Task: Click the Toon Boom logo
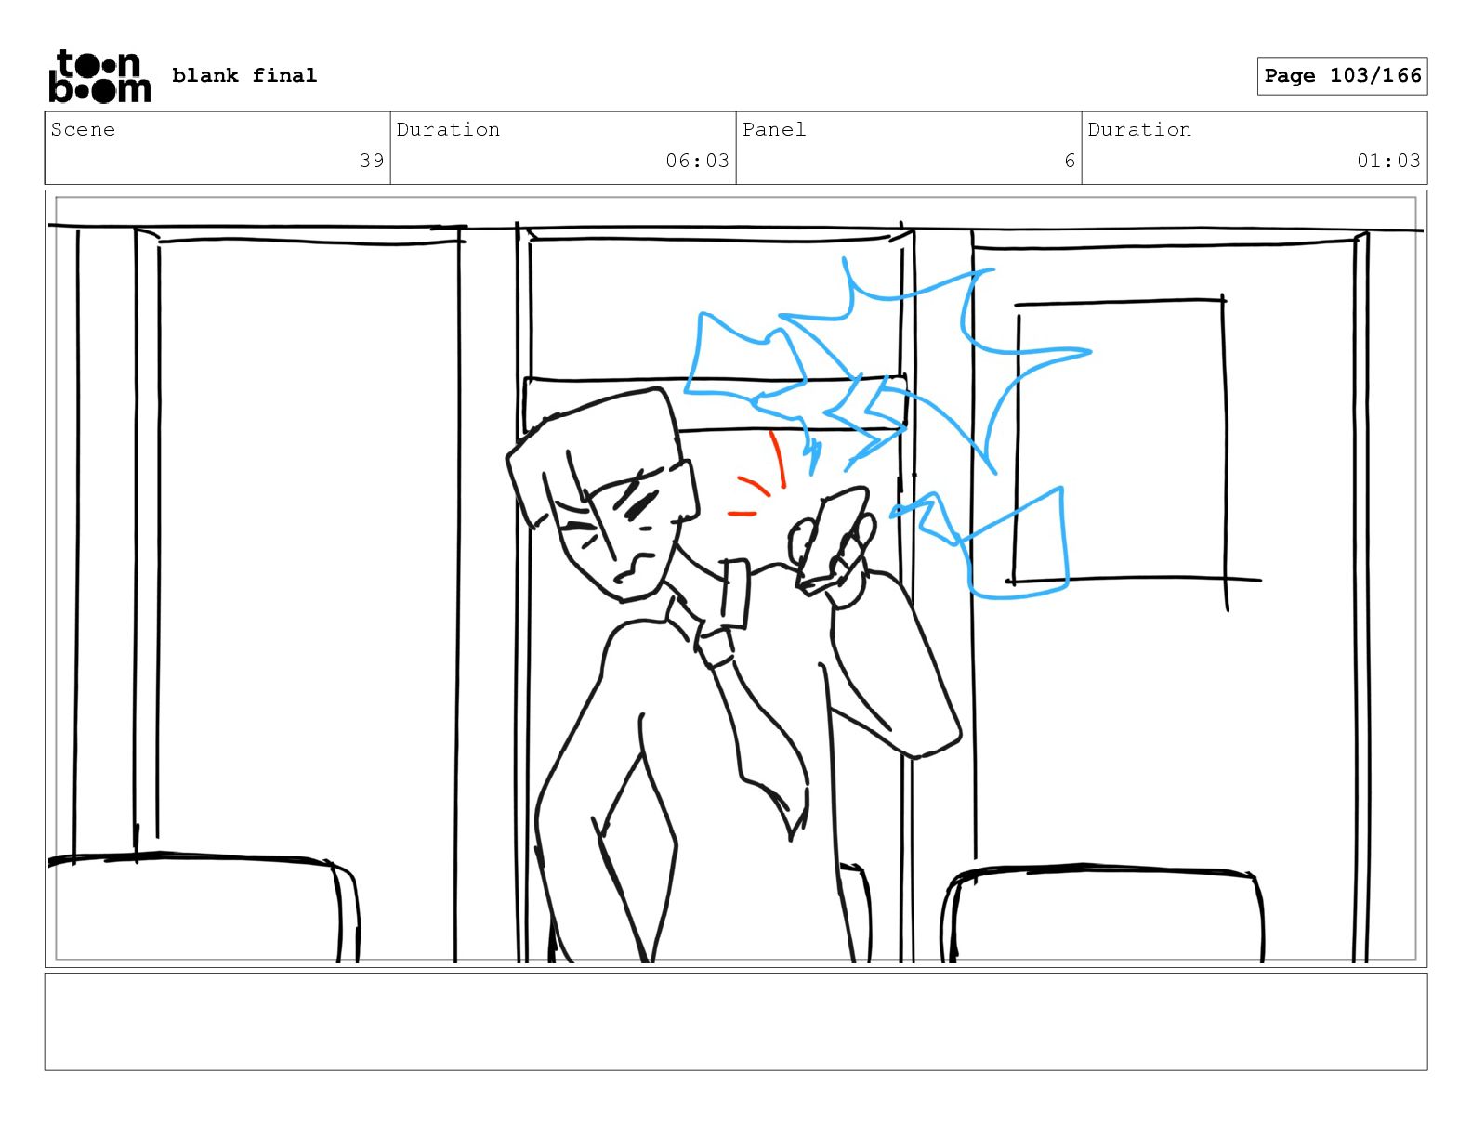pos(100,76)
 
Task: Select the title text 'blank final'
pos(243,75)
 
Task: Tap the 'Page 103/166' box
pos(1342,76)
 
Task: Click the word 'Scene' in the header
pos(83,129)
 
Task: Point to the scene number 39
pos(371,161)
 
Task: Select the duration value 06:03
pos(697,161)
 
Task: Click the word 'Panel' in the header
pos(773,129)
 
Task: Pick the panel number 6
pos(1069,161)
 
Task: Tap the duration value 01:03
pos(1388,161)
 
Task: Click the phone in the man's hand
pos(833,540)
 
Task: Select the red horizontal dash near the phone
pos(741,514)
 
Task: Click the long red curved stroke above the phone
pos(779,459)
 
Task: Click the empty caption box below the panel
pos(736,1022)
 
